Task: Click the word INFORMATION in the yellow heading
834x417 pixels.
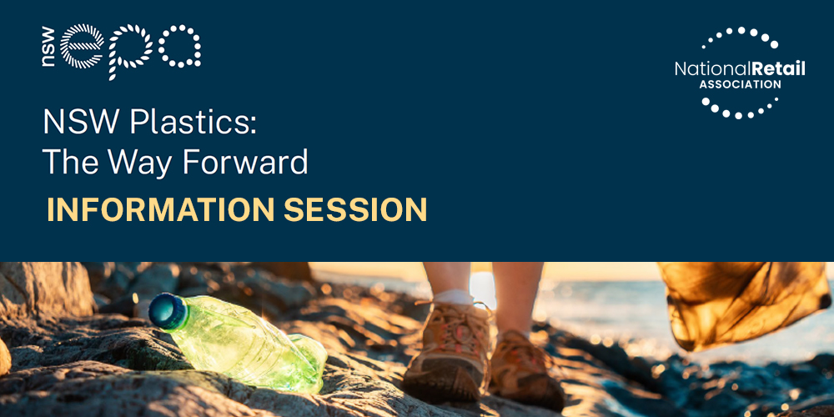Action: point(161,209)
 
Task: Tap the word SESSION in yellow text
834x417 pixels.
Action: point(355,209)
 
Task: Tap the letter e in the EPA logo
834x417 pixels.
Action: point(82,46)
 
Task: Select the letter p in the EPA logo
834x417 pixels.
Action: point(131,52)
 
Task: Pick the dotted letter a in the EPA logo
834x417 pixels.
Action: point(180,46)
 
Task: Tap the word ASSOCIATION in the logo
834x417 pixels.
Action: point(740,84)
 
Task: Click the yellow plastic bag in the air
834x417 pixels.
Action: point(743,304)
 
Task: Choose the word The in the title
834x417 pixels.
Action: point(69,163)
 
